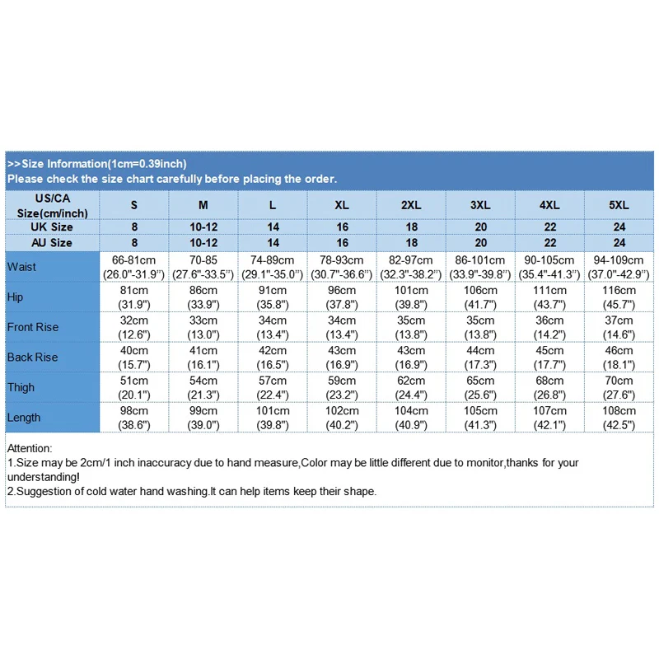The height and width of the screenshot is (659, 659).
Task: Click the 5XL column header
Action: coord(619,204)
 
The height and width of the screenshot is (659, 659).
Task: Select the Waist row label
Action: coord(21,267)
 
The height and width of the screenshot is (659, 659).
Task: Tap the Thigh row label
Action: coord(21,387)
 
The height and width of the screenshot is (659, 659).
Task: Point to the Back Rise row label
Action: coord(32,357)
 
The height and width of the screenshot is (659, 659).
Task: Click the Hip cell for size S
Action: coord(134,297)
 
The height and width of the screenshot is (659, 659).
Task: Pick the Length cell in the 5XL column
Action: coord(619,418)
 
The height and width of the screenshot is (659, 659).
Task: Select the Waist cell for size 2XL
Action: coord(412,267)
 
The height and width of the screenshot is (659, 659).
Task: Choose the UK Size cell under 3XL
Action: coord(481,227)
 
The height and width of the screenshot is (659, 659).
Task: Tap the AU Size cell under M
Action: coord(203,243)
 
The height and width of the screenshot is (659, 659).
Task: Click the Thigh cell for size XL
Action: coord(343,387)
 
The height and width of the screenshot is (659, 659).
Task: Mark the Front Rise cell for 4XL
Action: coord(550,327)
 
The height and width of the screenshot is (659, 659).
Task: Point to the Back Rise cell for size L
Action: coord(273,357)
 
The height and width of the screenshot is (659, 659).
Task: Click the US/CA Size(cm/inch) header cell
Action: coord(53,204)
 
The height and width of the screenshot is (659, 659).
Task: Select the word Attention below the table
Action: coord(29,448)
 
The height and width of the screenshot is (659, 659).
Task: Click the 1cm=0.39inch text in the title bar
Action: coord(146,164)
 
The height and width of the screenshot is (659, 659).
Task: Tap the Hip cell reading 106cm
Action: coord(481,297)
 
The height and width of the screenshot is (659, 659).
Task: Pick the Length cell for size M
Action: coord(203,418)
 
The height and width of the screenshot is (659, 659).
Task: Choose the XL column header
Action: coord(343,204)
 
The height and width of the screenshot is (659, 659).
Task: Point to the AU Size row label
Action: coord(51,243)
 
